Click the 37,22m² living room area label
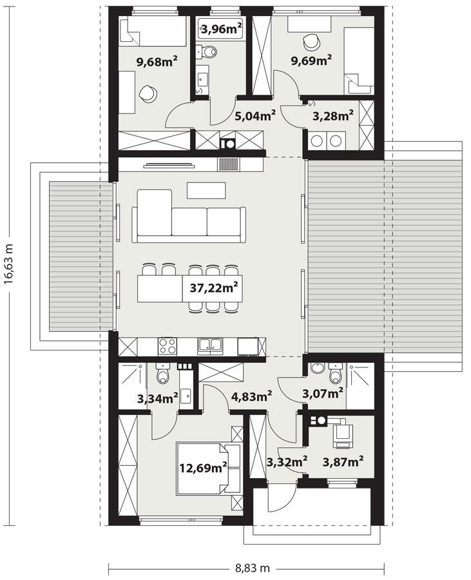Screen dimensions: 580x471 215,288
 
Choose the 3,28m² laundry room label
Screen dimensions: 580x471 332,116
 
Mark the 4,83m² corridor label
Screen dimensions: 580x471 251,396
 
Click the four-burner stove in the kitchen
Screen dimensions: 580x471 168,346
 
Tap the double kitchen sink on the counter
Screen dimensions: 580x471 211,346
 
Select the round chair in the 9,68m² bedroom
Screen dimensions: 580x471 148,93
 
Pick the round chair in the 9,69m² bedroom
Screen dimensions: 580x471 311,40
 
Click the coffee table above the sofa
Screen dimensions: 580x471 206,190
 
